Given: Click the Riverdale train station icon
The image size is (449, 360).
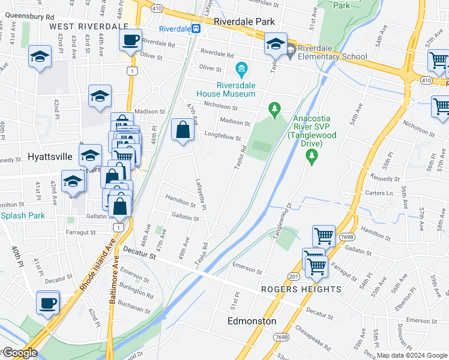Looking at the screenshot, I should coord(196,28).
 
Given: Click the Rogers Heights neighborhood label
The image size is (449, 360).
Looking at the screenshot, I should coord(301,289).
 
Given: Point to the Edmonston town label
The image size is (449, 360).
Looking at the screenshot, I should coord(252,321).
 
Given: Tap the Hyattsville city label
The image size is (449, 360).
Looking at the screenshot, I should coord(50,157).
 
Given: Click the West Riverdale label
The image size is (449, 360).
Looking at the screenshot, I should coord(89,26).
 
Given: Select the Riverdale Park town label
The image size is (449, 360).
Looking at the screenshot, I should coord(244,22).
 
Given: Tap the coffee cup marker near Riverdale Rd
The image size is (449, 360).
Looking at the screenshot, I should coord(130,40).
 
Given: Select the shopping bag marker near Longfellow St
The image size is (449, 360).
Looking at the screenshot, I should coord(183,130).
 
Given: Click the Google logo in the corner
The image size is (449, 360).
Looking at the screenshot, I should coord(19,353).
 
